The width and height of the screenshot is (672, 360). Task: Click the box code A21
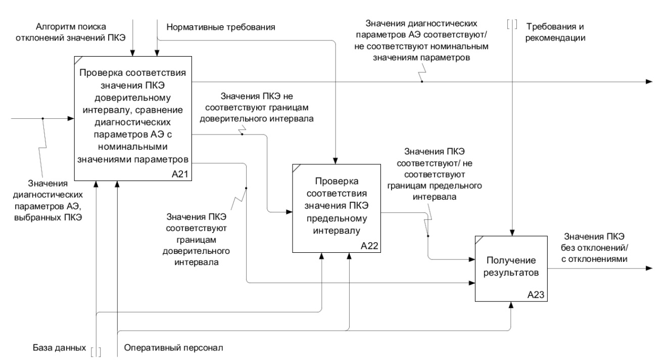pyautogui.click(x=181, y=174)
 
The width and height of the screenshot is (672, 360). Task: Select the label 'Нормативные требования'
pyautogui.click(x=221, y=27)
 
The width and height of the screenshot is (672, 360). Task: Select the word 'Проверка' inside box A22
pyautogui.click(x=336, y=181)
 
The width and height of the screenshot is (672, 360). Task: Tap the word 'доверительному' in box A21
pyautogui.click(x=132, y=97)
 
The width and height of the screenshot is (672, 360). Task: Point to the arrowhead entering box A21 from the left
pyautogui.click(x=71, y=119)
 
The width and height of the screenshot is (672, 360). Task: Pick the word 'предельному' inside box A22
pyautogui.click(x=336, y=219)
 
